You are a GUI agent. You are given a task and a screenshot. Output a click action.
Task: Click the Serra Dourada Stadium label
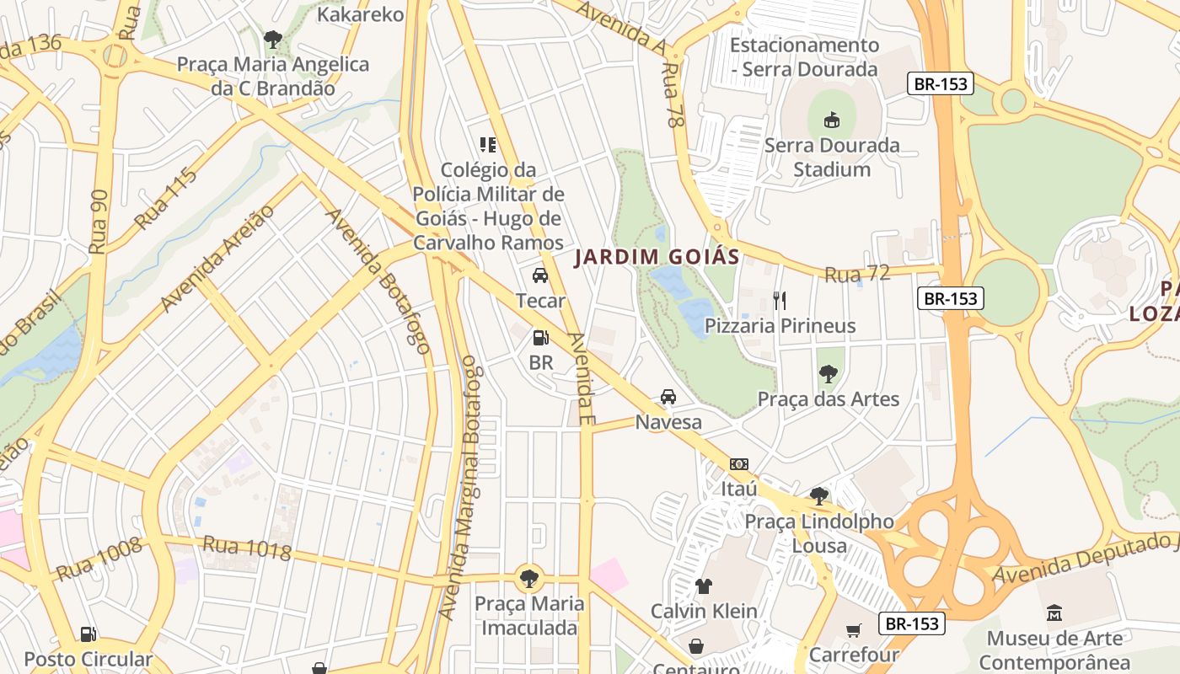[x=832, y=158]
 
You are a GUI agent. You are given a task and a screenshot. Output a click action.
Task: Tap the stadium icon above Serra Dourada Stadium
[x=832, y=120]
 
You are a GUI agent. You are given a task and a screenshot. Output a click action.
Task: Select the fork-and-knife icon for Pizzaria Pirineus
[x=780, y=300]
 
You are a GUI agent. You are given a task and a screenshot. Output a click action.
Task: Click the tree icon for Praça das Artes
[x=829, y=373]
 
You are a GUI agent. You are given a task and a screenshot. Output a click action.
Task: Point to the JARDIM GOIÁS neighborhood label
[x=657, y=257]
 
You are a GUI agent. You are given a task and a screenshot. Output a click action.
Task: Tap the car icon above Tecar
[x=540, y=275]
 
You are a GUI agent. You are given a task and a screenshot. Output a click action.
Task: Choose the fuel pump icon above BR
[x=540, y=338]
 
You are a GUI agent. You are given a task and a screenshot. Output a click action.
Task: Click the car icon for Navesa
[x=668, y=396]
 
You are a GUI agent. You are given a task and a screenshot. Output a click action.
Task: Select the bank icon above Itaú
[x=739, y=464]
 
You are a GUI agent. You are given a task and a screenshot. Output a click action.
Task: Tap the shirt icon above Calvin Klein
[x=704, y=586]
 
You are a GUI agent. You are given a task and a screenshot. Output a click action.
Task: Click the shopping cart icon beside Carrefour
[x=854, y=630]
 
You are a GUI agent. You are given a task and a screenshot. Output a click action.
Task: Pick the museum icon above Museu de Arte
[x=1054, y=612]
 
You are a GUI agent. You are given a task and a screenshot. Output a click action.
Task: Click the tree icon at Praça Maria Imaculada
[x=529, y=578]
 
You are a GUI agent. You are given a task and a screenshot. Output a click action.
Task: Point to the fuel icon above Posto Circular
[x=88, y=634]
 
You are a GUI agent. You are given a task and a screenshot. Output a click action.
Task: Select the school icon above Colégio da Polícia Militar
[x=488, y=145]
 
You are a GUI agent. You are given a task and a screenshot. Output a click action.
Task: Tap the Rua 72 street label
[x=857, y=274]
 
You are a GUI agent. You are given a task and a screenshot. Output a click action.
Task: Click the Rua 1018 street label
[x=247, y=548]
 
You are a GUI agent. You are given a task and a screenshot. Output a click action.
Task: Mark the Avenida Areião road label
[x=217, y=258]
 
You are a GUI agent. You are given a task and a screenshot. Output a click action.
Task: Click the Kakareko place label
[x=361, y=13]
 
